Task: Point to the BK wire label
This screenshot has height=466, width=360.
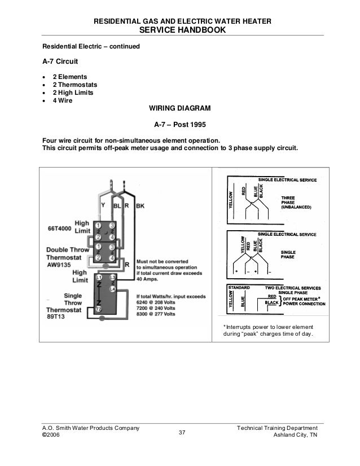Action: [x=140, y=206]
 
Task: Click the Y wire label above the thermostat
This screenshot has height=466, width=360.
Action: [x=102, y=206]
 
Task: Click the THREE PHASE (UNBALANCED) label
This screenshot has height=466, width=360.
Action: [x=298, y=202]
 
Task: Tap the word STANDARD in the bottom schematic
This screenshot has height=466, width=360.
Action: [x=238, y=288]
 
